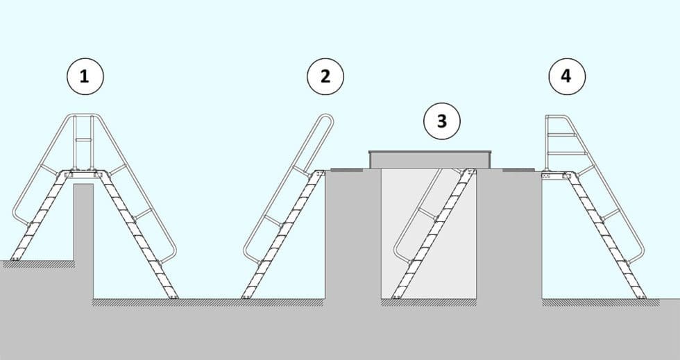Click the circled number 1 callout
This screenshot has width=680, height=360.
[x=85, y=76]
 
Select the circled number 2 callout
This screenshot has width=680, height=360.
[x=325, y=76]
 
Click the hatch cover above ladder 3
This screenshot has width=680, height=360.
[x=431, y=159]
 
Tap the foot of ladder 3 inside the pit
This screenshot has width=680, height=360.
[x=397, y=296]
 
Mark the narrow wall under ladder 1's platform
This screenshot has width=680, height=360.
[x=83, y=236]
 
